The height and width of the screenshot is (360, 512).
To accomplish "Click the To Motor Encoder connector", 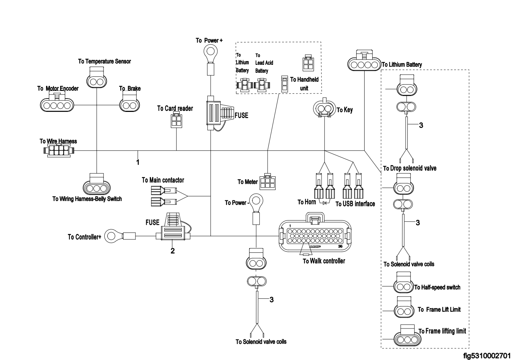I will pyautogui.click(x=56, y=104).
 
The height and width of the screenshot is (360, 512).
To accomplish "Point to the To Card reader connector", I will pyautogui.click(x=176, y=121).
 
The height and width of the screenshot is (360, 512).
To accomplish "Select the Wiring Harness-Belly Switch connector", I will pyautogui.click(x=97, y=186).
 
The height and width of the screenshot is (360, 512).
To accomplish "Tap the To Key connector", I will pyautogui.click(x=324, y=108).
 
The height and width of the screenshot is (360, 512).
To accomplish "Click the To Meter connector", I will pyautogui.click(x=268, y=181).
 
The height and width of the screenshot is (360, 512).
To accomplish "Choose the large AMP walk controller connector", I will pyautogui.click(x=315, y=235).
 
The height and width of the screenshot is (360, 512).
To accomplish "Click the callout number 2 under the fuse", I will pyautogui.click(x=173, y=251).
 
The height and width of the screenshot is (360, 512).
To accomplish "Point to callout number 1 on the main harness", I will pyautogui.click(x=138, y=162).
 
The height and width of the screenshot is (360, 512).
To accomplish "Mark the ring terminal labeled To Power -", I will pyautogui.click(x=256, y=200).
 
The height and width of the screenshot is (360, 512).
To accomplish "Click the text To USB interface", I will pyautogui.click(x=355, y=204).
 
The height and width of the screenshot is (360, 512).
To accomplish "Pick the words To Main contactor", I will pyautogui.click(x=163, y=180).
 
